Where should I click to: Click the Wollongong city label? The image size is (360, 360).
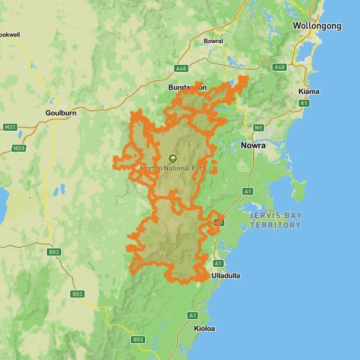pyautogui.click(x=317, y=26)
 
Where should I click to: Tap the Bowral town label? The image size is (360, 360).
pyautogui.click(x=213, y=41)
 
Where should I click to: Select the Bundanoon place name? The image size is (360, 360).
pyautogui.click(x=187, y=88)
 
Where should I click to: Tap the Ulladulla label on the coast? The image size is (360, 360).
pyautogui.click(x=226, y=275)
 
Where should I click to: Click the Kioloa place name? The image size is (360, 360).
pyautogui.click(x=204, y=328)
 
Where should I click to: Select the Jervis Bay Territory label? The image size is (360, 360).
pyautogui.click(x=275, y=220)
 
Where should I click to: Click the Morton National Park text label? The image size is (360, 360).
pyautogui.click(x=173, y=168)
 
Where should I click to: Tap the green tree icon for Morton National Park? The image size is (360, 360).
pyautogui.click(x=173, y=158)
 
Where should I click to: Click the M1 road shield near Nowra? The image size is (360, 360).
pyautogui.click(x=259, y=128)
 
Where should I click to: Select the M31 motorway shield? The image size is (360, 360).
pyautogui.click(x=10, y=127)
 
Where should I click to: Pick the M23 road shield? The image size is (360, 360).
pyautogui.click(x=19, y=148)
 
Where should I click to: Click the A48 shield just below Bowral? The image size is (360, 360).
pyautogui.click(x=182, y=68)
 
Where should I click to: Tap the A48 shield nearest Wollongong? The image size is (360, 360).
pyautogui.click(x=279, y=67)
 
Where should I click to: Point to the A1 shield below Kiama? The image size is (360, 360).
pyautogui.click(x=305, y=103)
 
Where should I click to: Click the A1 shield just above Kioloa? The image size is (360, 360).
pyautogui.click(x=193, y=315)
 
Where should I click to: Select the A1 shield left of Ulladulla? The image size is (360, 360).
pyautogui.click(x=218, y=263)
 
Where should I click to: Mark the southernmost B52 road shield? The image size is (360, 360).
pyautogui.click(x=139, y=340)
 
